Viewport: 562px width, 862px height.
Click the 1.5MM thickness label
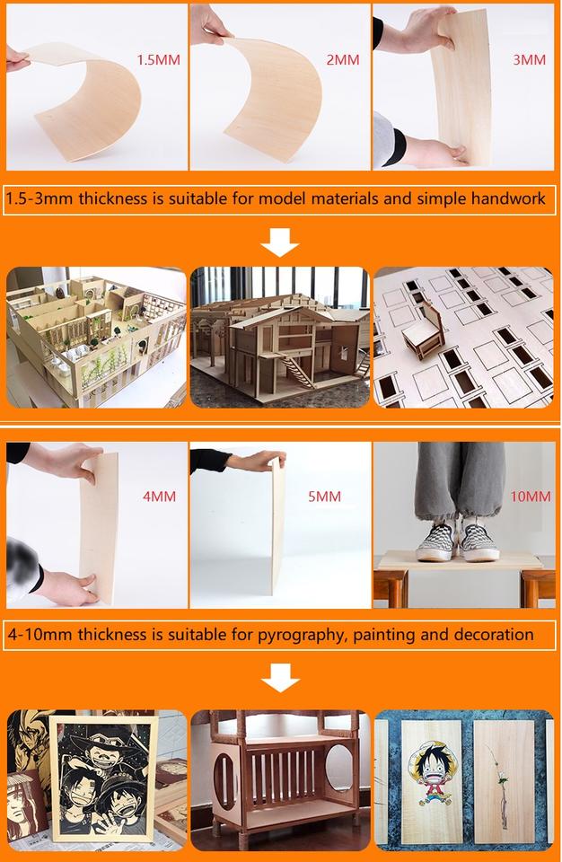[158, 60]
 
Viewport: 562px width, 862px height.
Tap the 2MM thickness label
[343, 60]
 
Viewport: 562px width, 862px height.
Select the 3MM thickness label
[529, 60]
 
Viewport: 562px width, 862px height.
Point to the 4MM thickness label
[160, 497]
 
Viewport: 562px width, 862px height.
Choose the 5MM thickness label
[324, 497]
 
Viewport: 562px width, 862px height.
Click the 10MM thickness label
[530, 497]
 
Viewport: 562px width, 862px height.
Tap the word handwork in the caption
[508, 198]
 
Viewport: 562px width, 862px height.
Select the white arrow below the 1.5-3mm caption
[280, 242]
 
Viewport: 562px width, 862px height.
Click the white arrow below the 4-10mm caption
[280, 677]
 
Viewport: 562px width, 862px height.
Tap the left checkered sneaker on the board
[436, 542]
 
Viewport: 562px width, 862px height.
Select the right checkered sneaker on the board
[479, 542]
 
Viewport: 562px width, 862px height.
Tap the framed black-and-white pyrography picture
[102, 779]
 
